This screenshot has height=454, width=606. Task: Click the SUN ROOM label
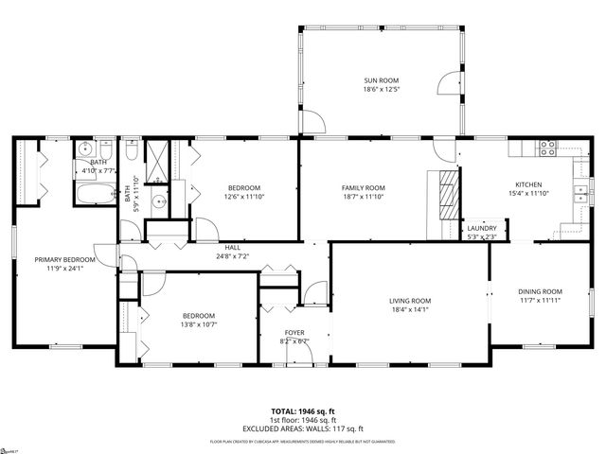pyautogui.click(x=383, y=81)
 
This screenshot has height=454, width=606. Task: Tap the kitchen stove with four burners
pyautogui.click(x=546, y=147)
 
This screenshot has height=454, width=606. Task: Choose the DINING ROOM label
pyautogui.click(x=540, y=291)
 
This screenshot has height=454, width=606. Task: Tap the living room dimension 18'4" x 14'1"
pyautogui.click(x=410, y=310)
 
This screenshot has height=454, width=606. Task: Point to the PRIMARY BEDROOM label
pyautogui.click(x=65, y=259)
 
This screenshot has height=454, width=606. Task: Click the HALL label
pyautogui.click(x=231, y=246)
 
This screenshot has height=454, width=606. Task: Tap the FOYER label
pyautogui.click(x=295, y=333)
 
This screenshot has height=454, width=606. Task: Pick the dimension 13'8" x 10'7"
pyautogui.click(x=199, y=325)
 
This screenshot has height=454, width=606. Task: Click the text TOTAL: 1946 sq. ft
pyautogui.click(x=303, y=411)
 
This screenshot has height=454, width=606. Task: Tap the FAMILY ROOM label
pyautogui.click(x=364, y=187)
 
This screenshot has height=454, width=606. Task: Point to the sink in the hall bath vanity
pyautogui.click(x=158, y=200)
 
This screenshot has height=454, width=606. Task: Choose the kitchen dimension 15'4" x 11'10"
pyautogui.click(x=528, y=194)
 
